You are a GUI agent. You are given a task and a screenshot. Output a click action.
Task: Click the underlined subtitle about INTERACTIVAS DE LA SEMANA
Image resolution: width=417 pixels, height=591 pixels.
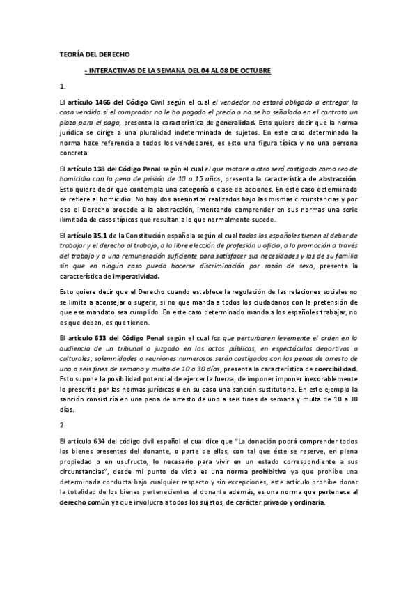pyautogui.click(x=177, y=70)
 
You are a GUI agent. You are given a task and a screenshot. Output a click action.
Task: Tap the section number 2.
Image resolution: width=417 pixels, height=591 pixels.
pyautogui.click(x=63, y=424)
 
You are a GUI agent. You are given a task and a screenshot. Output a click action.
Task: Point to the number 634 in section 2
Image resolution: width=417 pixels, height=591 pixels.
pyautogui.click(x=103, y=443)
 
